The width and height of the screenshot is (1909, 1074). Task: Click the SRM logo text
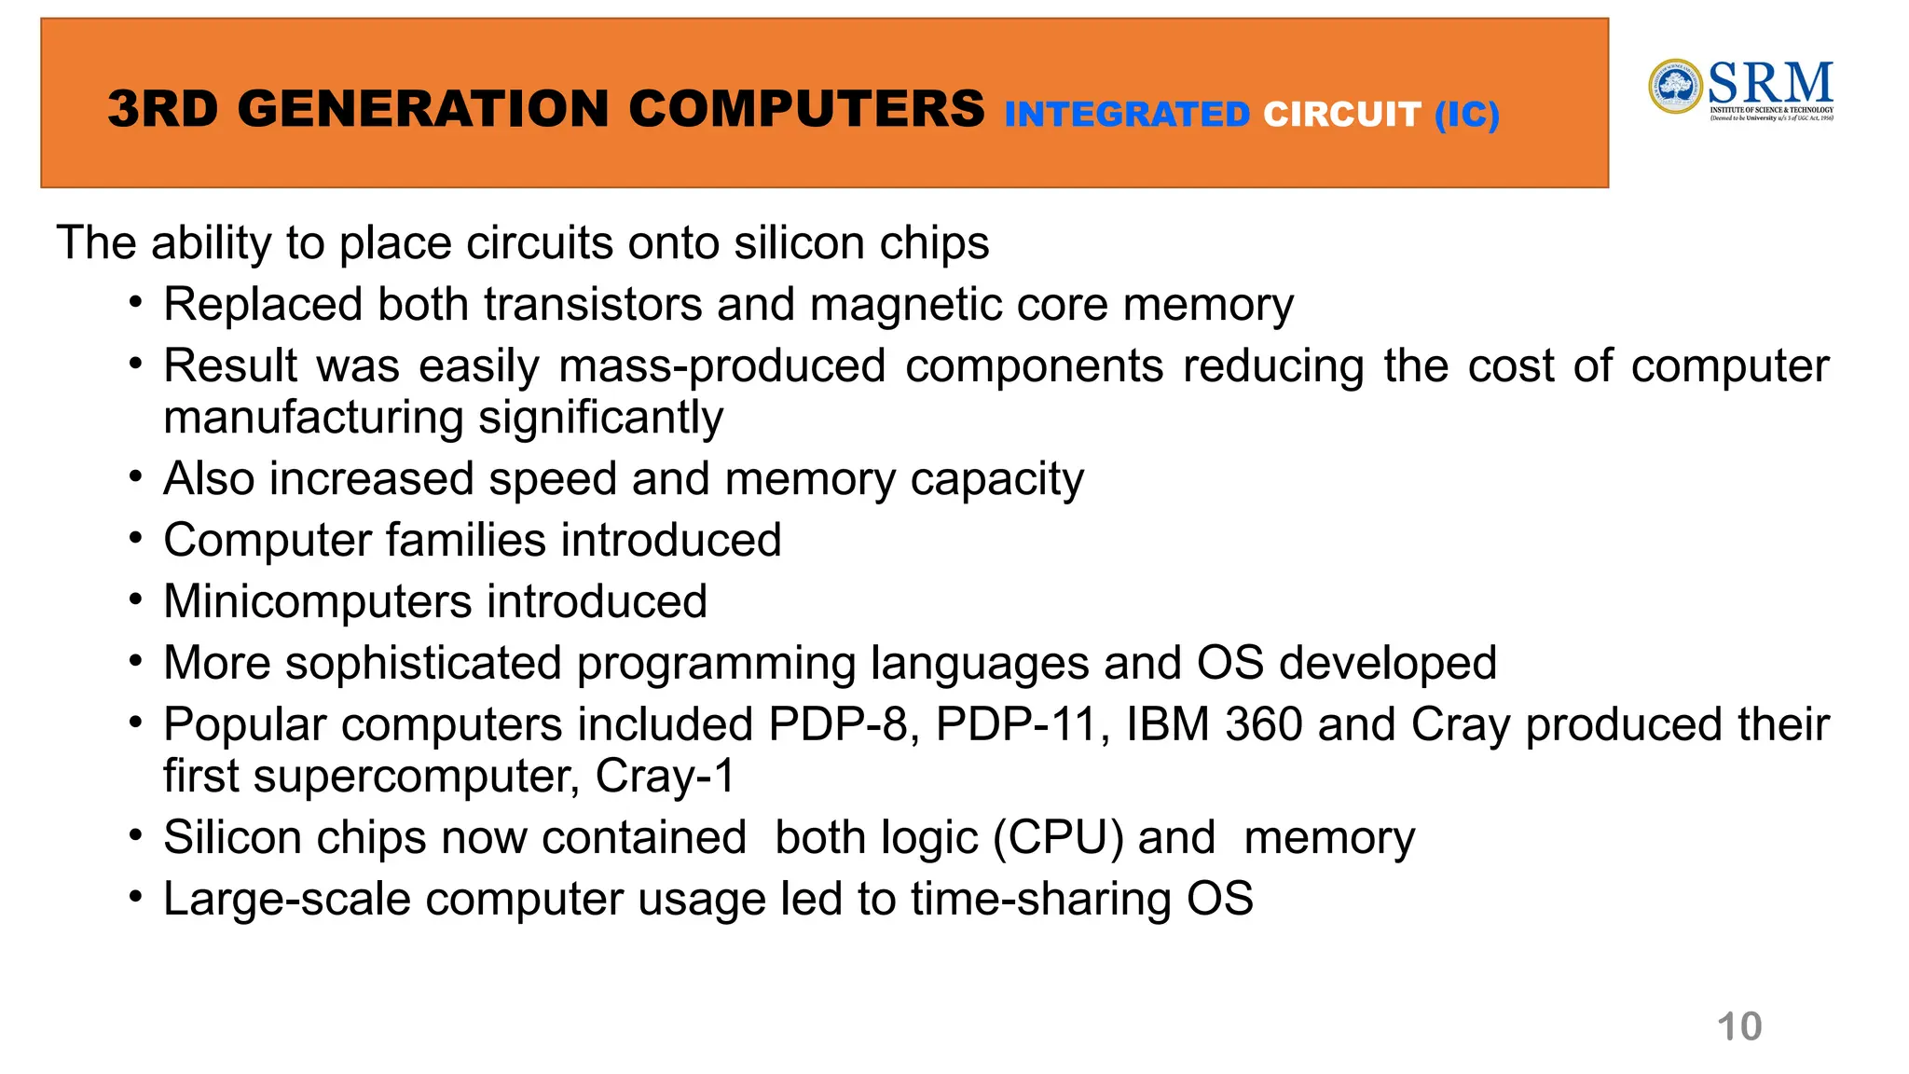1770,83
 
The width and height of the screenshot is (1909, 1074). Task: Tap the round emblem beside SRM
1675,87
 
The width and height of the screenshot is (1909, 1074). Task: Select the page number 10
1738,1026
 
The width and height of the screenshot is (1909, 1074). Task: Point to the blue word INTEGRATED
1127,115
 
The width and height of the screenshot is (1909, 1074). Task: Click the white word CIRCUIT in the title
1341,115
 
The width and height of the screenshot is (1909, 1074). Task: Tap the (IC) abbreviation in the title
1467,115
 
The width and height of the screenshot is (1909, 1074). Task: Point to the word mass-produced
721,366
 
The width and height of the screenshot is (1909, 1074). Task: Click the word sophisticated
422,663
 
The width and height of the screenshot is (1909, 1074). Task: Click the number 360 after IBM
1263,724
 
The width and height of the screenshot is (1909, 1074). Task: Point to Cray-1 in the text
665,776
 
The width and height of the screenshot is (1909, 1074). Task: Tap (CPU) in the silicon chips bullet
1058,837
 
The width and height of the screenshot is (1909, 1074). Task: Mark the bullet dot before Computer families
136,538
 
